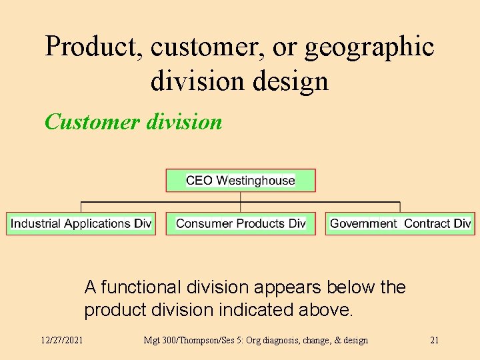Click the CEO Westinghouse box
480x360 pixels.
click(241, 181)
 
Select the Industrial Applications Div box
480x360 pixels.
click(81, 223)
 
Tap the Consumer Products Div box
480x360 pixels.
click(241, 223)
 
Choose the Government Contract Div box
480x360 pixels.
click(401, 223)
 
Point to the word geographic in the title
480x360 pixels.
click(369, 47)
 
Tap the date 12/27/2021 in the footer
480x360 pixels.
click(62, 340)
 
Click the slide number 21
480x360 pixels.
click(434, 340)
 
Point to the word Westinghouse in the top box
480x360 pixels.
click(255, 181)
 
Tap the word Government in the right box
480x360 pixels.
click(363, 223)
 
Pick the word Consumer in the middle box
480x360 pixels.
click(202, 223)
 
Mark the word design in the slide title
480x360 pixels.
click(295, 81)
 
